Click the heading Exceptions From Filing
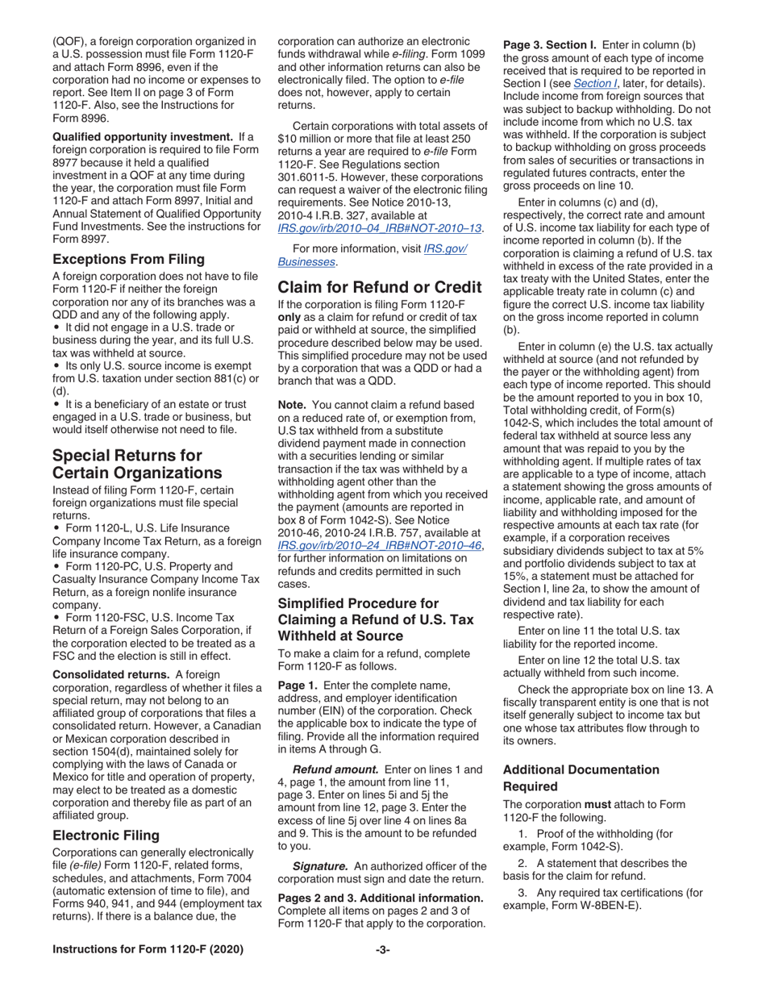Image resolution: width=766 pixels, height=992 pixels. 128,260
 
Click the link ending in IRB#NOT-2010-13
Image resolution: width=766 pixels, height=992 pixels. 380,228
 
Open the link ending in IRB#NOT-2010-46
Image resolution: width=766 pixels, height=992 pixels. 380,545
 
